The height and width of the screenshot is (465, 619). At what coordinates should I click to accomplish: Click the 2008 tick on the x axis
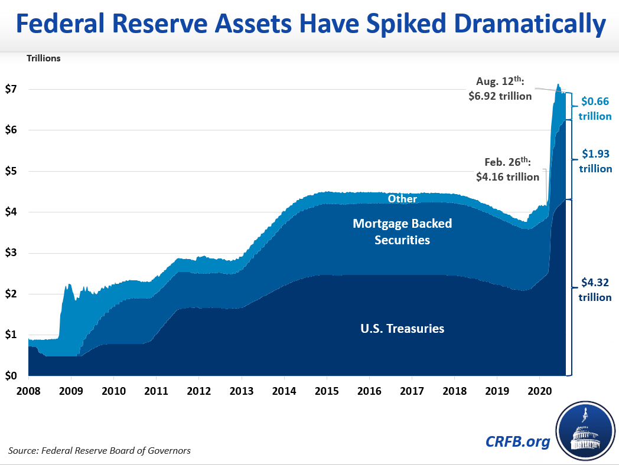[28, 391]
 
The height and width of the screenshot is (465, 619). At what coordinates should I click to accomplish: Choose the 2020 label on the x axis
[539, 391]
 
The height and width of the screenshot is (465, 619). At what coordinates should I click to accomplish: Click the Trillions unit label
[43, 58]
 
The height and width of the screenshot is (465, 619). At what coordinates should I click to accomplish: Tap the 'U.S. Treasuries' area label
[402, 329]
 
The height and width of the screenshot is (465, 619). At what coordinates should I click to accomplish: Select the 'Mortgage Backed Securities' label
[402, 232]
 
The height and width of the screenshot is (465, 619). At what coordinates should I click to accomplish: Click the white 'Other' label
[402, 199]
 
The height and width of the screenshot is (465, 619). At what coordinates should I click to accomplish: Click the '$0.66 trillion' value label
[595, 109]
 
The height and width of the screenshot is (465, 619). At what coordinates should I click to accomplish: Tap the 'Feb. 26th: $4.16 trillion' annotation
[507, 170]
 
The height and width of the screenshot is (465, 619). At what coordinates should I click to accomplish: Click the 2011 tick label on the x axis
[156, 391]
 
